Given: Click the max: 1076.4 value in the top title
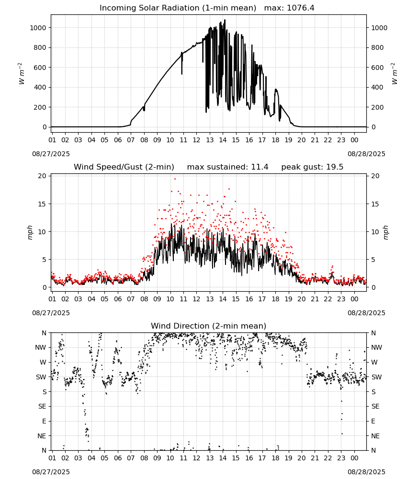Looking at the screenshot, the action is pos(289,8).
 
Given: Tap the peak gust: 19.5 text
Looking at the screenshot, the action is pos(312,167).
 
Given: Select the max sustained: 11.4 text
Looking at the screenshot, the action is pos(227,167).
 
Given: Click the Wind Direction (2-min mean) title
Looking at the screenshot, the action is pos(209,326).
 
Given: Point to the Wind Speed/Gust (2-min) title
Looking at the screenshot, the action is pos(124,167).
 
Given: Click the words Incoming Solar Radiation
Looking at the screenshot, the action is pos(149,8).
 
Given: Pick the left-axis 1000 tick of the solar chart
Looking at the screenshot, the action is pos(38,28).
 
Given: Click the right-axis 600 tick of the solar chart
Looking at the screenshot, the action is pos(377,68).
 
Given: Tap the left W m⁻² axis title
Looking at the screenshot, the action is pos(21,74).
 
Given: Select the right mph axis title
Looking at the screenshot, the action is pos(385,233).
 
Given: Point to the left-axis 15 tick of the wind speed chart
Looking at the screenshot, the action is pos(42,204).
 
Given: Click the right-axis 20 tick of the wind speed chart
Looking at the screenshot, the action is pos(375,176).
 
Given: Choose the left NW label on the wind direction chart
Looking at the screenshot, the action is pos(41,348).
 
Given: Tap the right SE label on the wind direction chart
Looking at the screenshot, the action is pos(375,407).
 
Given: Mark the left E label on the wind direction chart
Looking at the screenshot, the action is pos(44,421).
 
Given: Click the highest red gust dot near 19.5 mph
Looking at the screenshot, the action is pos(175,179).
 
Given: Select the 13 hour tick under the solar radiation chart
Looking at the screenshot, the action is pos(210,140).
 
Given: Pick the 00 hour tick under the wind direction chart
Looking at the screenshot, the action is pos(354,458).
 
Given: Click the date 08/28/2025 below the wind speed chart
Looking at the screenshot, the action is pos(366,313).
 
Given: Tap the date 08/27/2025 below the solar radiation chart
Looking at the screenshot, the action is pos(51,154).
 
